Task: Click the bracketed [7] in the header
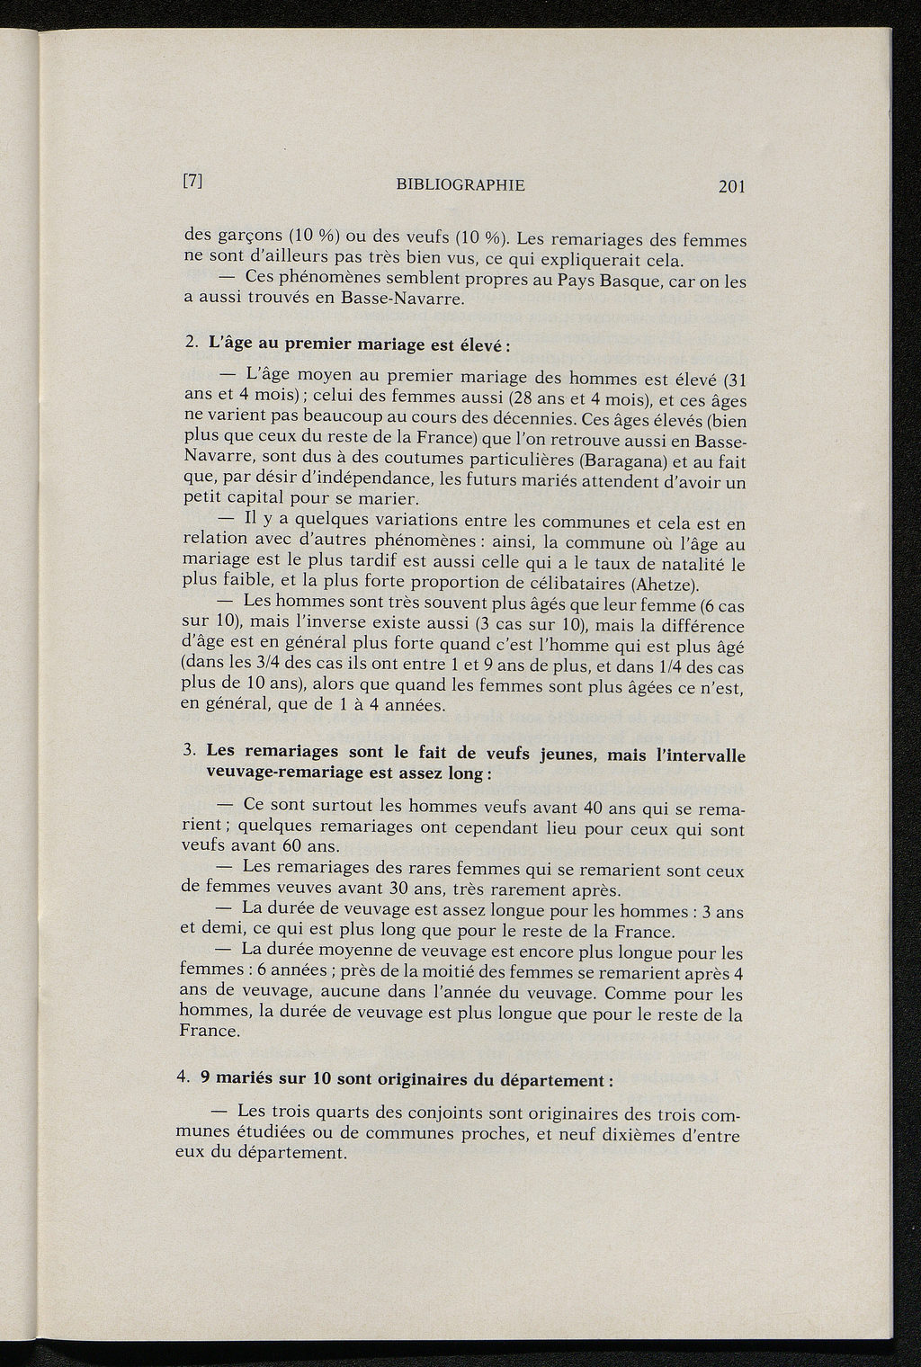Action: tap(192, 180)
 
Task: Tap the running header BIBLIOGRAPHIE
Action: tap(460, 185)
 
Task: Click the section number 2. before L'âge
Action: tap(190, 343)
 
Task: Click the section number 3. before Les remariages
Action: tap(189, 749)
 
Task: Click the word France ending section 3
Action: tap(210, 1032)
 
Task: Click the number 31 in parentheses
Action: tap(737, 380)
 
